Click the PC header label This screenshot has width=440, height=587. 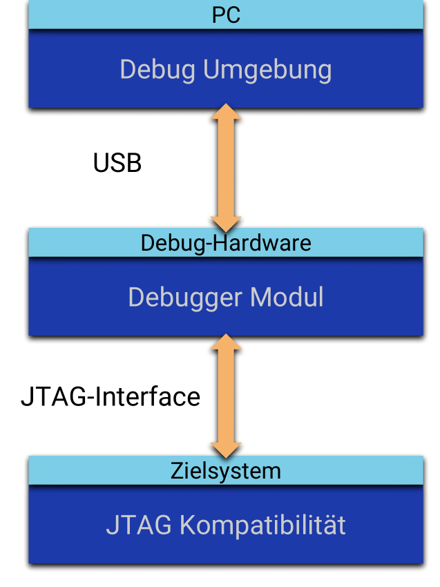[x=226, y=15]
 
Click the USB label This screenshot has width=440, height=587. [x=117, y=163]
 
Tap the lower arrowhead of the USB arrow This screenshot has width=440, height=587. [x=226, y=222]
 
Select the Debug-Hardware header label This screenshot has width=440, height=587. [x=226, y=243]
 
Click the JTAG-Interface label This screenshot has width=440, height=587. [x=111, y=397]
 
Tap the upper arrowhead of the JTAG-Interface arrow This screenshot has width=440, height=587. [x=226, y=342]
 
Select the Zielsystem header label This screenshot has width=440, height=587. [x=226, y=471]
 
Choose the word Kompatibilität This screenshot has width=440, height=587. [x=262, y=526]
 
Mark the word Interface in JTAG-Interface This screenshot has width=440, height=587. [x=146, y=397]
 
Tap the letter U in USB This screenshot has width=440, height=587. [x=102, y=163]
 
